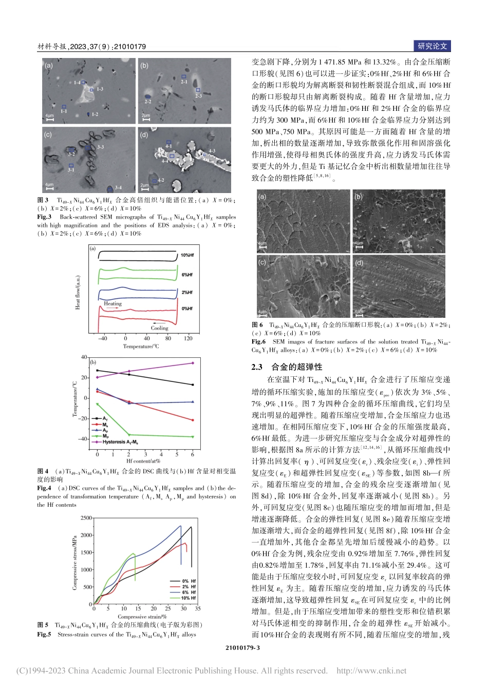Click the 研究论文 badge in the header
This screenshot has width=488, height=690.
[433, 46]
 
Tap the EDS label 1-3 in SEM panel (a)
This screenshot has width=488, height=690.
[100, 89]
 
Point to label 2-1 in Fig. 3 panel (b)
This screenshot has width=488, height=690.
[184, 82]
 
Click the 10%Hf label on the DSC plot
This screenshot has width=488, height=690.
[187, 255]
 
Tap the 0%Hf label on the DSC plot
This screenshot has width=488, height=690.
[187, 309]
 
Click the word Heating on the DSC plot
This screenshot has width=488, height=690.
[112, 304]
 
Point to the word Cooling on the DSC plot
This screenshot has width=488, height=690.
[159, 328]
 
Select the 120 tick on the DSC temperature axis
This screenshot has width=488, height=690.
[189, 338]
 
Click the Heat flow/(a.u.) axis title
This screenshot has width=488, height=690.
[78, 292]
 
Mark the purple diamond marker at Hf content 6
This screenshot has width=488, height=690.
[193, 363]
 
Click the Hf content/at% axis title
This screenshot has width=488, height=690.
[143, 461]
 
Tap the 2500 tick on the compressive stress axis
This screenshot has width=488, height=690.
[86, 519]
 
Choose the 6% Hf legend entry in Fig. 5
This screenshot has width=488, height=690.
[189, 592]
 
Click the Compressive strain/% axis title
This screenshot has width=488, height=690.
[139, 617]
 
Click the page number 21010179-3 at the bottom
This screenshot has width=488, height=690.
[243, 648]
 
